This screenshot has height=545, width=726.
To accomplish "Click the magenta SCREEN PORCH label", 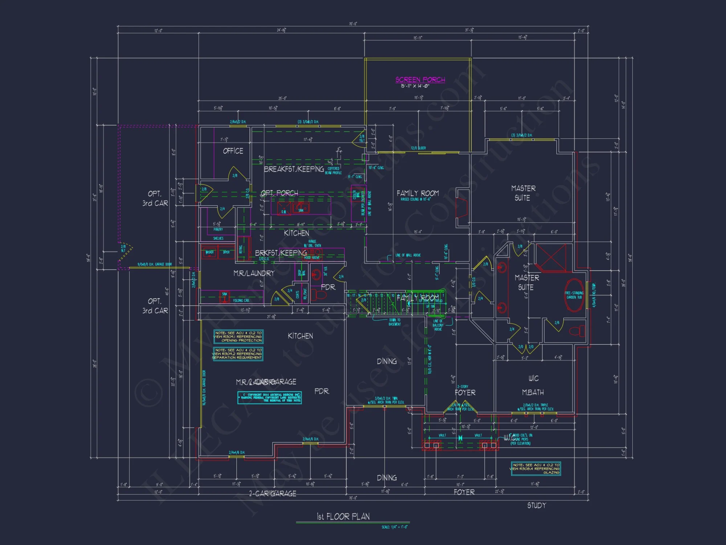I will click(420, 80).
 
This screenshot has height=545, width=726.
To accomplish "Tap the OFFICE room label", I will click(233, 151).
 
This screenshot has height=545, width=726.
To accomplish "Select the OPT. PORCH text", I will click(280, 193).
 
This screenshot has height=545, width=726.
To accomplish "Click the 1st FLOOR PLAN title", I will click(343, 516).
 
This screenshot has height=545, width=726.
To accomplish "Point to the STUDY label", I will click(537, 505).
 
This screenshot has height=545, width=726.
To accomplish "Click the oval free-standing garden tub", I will click(574, 295).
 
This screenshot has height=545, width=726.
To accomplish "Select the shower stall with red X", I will click(551, 258).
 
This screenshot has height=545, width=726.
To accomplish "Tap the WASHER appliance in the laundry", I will click(209, 252).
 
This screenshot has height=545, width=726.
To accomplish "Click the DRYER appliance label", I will click(226, 252).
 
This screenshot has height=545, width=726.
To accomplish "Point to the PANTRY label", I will click(218, 230).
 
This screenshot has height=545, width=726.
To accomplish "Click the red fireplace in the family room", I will click(462, 208).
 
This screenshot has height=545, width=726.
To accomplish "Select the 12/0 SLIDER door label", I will click(418, 148).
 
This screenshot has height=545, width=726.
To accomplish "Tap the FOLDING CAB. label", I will click(241, 300).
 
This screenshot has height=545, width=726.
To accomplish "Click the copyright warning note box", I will click(269, 397).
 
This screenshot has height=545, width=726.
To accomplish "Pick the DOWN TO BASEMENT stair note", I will click(394, 322).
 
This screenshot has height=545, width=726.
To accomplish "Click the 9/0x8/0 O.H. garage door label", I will click(155, 264).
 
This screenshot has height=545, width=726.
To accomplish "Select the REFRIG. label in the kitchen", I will click(241, 249).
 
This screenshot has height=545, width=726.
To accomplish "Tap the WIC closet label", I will click(533, 378).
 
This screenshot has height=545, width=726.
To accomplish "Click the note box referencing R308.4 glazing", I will click(536, 469).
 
